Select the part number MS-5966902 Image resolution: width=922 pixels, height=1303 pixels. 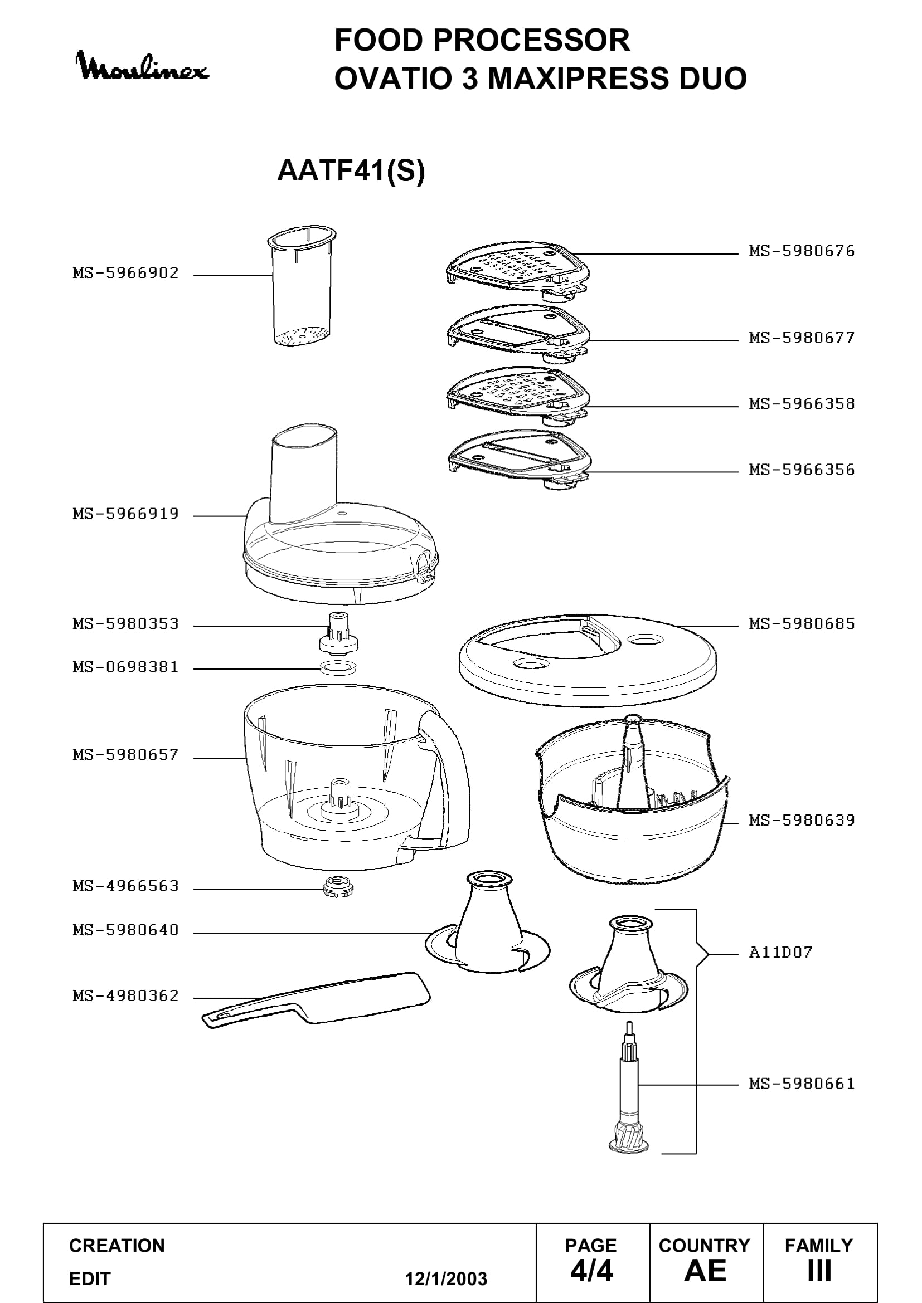click(125, 273)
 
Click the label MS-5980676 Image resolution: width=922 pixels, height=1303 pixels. click(802, 251)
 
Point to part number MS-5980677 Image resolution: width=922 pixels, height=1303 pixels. click(802, 338)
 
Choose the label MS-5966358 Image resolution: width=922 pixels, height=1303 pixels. click(802, 404)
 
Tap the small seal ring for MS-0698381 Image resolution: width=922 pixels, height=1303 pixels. click(338, 668)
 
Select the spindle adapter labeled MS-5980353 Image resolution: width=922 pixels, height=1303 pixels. click(338, 633)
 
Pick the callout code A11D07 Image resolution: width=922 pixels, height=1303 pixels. click(780, 952)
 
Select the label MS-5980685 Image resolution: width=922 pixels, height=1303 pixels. click(802, 624)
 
